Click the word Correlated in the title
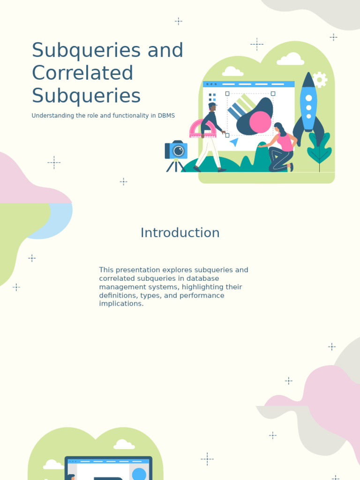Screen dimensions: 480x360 [82, 73]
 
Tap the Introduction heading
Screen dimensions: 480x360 [180, 233]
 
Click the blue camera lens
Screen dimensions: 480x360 [179, 151]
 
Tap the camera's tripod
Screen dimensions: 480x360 [176, 165]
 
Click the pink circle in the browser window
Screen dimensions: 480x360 [260, 122]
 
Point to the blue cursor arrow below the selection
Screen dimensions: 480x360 [234, 142]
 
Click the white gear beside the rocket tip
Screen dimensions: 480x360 [320, 79]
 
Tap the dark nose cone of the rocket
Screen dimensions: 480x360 [308, 81]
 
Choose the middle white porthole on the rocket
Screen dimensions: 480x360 [308, 107]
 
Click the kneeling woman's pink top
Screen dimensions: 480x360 [285, 142]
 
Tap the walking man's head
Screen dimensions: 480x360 [212, 107]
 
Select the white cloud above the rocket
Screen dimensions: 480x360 [290, 60]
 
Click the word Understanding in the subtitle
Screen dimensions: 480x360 [52, 115]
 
